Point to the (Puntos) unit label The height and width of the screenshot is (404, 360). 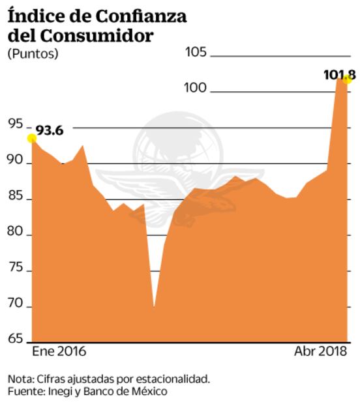(x=33, y=54)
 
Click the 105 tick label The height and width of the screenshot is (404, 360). (x=196, y=53)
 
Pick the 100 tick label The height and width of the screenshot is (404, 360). (x=196, y=88)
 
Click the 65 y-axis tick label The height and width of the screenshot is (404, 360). (x=16, y=339)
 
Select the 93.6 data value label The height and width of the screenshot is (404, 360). (x=50, y=131)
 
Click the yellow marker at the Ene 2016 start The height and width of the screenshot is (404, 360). (x=31, y=138)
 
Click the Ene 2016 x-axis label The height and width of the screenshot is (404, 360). (x=59, y=352)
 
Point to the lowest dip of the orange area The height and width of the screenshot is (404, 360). (x=154, y=306)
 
